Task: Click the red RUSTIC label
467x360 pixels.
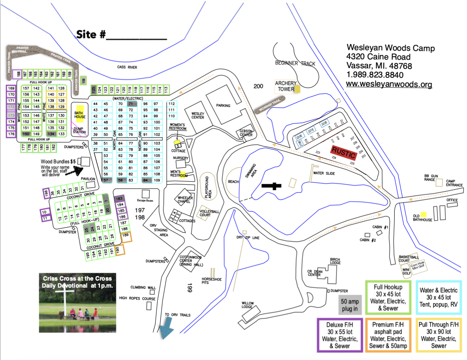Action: coord(343,151)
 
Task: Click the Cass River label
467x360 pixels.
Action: coord(127,67)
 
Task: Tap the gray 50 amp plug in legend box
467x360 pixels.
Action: coord(350,305)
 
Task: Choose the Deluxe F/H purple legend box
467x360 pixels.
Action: coord(340,335)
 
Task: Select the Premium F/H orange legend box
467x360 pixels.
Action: coord(388,335)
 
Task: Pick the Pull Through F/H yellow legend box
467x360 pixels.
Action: coord(438,335)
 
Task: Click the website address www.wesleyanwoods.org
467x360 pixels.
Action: coord(389,84)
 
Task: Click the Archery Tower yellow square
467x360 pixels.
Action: coord(298,89)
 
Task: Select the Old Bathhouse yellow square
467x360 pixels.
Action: coord(423,215)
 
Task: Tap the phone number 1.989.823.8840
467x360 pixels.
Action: coord(375,75)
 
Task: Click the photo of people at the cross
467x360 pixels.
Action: coord(78,302)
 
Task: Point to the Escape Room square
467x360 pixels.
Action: coord(146,194)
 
